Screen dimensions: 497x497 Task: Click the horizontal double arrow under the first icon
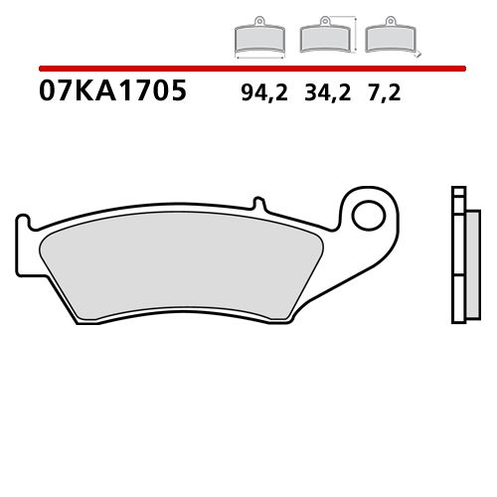258,59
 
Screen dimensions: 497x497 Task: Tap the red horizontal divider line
248,69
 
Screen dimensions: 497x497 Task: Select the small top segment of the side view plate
457,193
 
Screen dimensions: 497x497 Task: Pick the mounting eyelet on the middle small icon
323,23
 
